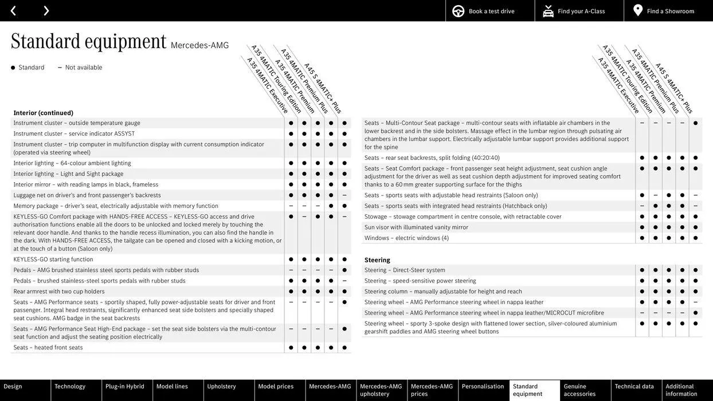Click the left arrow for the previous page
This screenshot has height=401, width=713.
[x=13, y=11]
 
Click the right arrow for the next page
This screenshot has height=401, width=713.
[x=46, y=11]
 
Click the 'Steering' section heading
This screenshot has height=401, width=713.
[x=377, y=260]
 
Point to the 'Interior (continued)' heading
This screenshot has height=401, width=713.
[x=44, y=113]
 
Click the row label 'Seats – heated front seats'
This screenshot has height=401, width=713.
[x=48, y=348]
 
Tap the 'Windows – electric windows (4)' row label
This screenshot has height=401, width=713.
[x=406, y=238]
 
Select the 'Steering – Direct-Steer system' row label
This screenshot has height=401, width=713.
[x=405, y=270]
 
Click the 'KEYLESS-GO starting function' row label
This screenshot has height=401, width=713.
[x=53, y=260]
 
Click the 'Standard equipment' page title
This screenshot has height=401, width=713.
[x=89, y=41]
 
